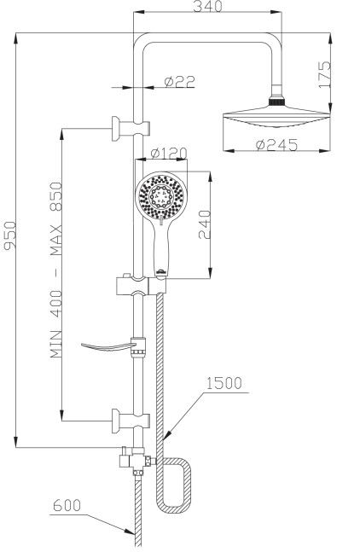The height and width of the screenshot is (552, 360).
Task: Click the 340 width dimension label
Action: pyautogui.click(x=207, y=6)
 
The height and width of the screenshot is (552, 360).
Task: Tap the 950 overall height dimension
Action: pyautogui.click(x=9, y=235)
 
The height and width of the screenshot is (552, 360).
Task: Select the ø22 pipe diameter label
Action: pyautogui.click(x=179, y=82)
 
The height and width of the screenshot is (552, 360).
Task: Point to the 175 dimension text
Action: pyautogui.click(x=324, y=74)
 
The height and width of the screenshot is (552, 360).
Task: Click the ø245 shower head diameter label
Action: pyautogui.click(x=277, y=144)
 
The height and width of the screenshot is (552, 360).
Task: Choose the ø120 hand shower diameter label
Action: pyautogui.click(x=169, y=153)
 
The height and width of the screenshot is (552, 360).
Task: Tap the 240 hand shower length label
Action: pyautogui.click(x=205, y=224)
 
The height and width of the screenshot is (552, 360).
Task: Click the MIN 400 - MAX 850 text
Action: pyautogui.click(x=56, y=270)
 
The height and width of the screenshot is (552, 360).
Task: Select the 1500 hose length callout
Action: pyautogui.click(x=224, y=383)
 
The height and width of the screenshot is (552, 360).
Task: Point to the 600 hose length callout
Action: pyautogui.click(x=67, y=505)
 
